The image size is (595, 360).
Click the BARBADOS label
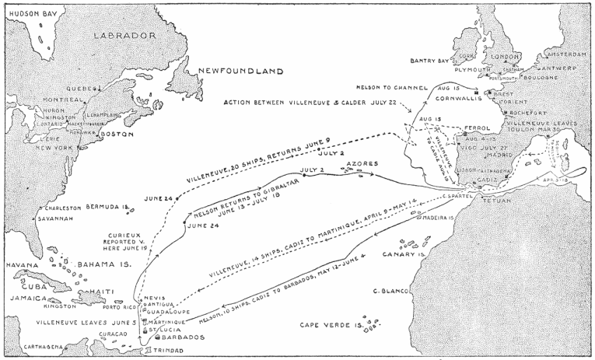pyautogui.click(x=182, y=337)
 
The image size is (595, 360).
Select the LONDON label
pyautogui.click(x=505, y=57)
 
